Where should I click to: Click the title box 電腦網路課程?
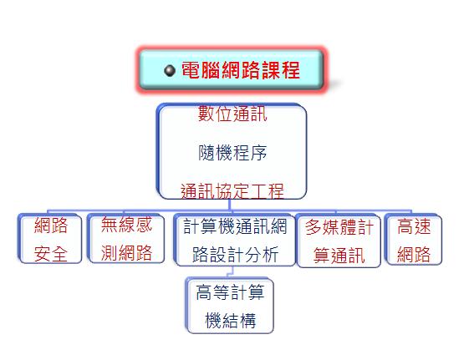(232, 70)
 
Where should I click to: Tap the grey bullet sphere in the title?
(170, 71)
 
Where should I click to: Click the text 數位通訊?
(232, 114)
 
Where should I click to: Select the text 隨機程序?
(232, 153)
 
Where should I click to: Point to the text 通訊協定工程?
(232, 190)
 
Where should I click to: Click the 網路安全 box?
(50, 239)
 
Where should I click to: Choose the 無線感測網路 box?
(126, 238)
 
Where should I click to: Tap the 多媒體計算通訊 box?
(339, 241)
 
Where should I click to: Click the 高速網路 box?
(413, 239)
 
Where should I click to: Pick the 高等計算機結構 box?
(230, 306)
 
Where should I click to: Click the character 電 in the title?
(191, 70)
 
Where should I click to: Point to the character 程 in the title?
(290, 70)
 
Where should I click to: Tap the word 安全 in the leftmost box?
(50, 254)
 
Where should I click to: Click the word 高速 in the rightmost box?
(414, 226)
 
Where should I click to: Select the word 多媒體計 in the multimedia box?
(339, 227)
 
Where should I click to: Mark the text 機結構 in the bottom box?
(230, 321)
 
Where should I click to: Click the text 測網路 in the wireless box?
(126, 253)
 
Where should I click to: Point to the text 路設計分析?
(235, 254)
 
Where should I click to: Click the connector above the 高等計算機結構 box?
(230, 272)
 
